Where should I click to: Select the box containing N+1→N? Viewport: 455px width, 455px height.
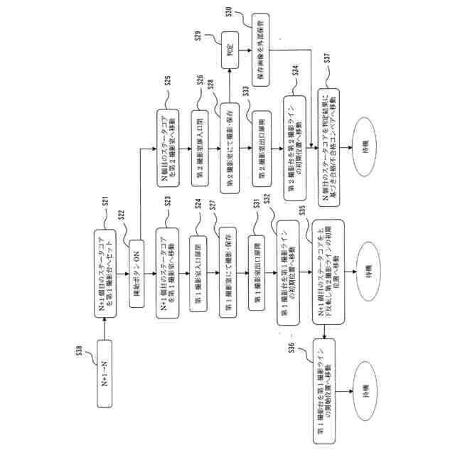tap(105, 382)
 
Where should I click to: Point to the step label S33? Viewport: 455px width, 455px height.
tap(245, 92)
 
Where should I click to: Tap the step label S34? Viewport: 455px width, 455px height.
tap(294, 71)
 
